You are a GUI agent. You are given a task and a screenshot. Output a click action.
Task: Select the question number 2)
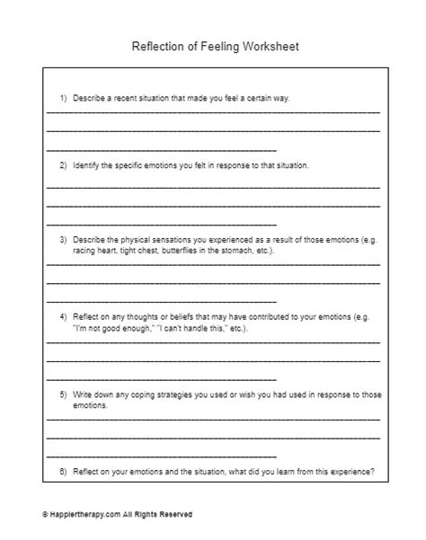(x=63, y=166)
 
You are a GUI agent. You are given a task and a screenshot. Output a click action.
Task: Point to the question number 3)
(x=63, y=242)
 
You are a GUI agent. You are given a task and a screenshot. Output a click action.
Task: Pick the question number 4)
(x=63, y=318)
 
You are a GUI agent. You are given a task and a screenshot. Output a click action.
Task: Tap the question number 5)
(x=63, y=394)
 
